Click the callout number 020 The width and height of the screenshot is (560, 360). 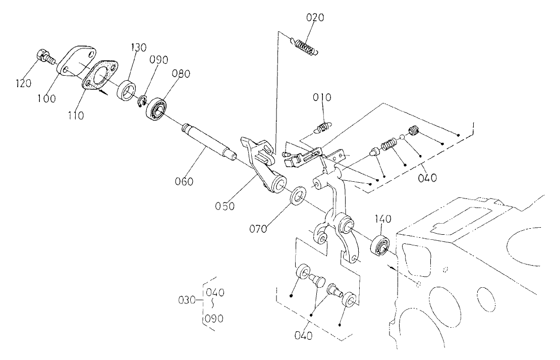(316, 18)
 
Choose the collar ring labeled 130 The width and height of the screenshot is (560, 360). (126, 90)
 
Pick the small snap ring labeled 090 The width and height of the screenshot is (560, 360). (142, 101)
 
